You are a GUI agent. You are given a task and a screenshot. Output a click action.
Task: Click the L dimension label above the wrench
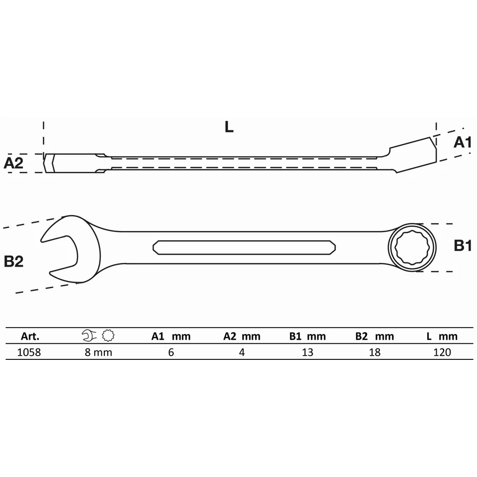click(229, 127)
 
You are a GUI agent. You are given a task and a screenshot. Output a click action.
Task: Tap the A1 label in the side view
click(462, 143)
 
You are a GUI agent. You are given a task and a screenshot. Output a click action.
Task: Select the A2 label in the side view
click(13, 163)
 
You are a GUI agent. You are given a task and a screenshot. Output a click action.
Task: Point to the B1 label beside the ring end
click(463, 245)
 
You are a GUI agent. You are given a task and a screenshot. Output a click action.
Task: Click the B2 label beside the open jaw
click(14, 261)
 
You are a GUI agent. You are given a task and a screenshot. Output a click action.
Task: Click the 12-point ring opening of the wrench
click(412, 247)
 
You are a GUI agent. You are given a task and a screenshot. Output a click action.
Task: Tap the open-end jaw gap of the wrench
click(59, 253)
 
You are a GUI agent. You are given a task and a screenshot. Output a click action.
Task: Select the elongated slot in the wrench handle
click(244, 248)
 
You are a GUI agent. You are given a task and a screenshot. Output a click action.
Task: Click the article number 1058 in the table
click(29, 352)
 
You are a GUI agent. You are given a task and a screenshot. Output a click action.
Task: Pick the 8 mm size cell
click(98, 352)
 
